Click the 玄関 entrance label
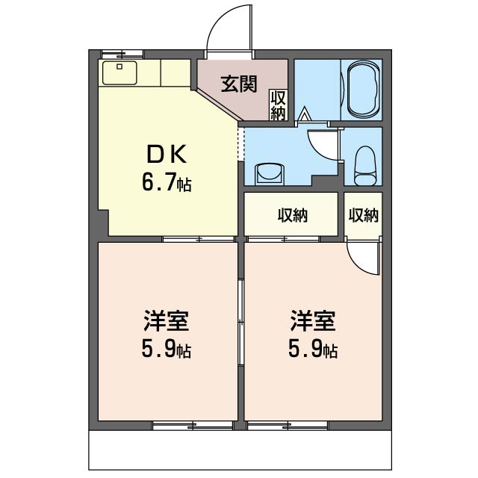pyautogui.click(x=239, y=84)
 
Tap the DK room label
pyautogui.click(x=167, y=155)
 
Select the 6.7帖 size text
pyautogui.click(x=167, y=182)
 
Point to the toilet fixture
pyautogui.click(x=364, y=166)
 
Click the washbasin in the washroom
pyautogui.click(x=270, y=174)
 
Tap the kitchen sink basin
pyautogui.click(x=119, y=73)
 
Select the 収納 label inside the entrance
pyautogui.click(x=278, y=105)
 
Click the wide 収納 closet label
pyautogui.click(x=293, y=216)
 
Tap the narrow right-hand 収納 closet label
pyautogui.click(x=364, y=215)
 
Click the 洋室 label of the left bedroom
pyautogui.click(x=167, y=320)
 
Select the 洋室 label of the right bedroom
pyautogui.click(x=313, y=320)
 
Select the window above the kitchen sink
pyautogui.click(x=122, y=55)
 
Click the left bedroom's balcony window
pyautogui.click(x=193, y=426)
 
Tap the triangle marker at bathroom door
pyautogui.click(x=304, y=114)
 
